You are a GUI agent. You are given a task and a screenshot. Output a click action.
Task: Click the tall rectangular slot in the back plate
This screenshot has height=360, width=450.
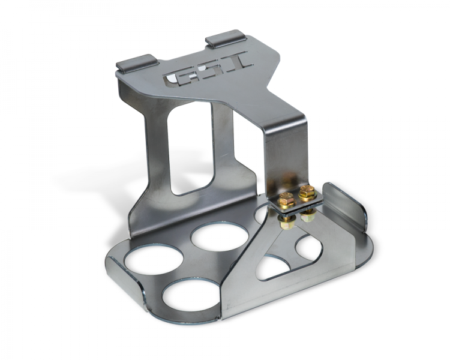[191, 147]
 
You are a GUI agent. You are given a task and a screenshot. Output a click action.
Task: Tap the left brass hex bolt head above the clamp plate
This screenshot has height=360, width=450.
[287, 199]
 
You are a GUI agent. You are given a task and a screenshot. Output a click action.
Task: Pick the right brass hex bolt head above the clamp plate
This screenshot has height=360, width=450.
[307, 192]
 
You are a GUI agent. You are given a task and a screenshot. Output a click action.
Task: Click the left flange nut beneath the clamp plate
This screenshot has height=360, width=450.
[287, 223]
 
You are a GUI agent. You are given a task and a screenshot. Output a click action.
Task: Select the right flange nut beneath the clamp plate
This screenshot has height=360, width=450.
[308, 215]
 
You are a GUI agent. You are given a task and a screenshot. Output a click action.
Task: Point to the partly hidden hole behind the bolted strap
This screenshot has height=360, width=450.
[262, 214]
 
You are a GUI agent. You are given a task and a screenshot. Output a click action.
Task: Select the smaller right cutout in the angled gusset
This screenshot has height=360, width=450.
[308, 247]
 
